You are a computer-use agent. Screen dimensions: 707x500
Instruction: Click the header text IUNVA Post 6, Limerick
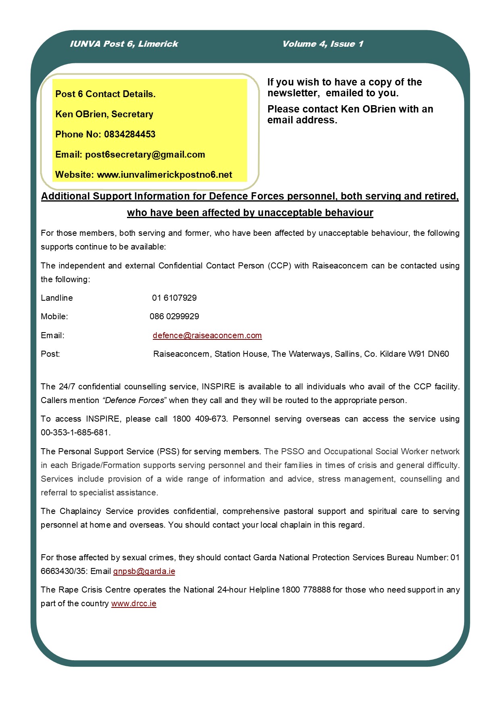pyautogui.click(x=124, y=44)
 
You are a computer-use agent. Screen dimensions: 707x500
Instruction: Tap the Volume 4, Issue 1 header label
pyautogui.click(x=323, y=44)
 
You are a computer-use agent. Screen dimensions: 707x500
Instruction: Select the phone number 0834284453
pyautogui.click(x=129, y=134)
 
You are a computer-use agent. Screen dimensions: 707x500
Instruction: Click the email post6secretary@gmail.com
pyautogui.click(x=145, y=154)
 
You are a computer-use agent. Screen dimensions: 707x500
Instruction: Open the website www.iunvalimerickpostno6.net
pyautogui.click(x=165, y=175)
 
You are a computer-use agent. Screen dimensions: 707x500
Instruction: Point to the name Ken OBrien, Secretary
pyautogui.click(x=104, y=114)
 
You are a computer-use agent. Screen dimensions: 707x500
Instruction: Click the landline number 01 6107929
pyautogui.click(x=174, y=298)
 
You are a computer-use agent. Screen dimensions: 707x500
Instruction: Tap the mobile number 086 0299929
pyautogui.click(x=174, y=316)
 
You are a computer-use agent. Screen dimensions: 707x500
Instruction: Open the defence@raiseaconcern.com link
pyautogui.click(x=207, y=335)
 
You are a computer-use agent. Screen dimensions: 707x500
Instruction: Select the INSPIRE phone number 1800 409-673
pyautogui.click(x=199, y=419)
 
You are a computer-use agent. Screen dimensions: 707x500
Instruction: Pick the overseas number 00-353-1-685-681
pyautogui.click(x=75, y=433)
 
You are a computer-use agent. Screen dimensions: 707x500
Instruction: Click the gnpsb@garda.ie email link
pyautogui.click(x=144, y=571)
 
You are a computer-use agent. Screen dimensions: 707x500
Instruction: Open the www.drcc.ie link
pyautogui.click(x=133, y=603)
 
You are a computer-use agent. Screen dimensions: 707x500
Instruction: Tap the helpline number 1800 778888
pyautogui.click(x=306, y=590)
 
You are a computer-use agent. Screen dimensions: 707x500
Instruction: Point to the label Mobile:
pyautogui.click(x=54, y=316)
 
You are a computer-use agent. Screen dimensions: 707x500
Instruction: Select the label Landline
pyautogui.click(x=57, y=298)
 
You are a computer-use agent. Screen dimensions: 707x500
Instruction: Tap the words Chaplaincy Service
pyautogui.click(x=96, y=511)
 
